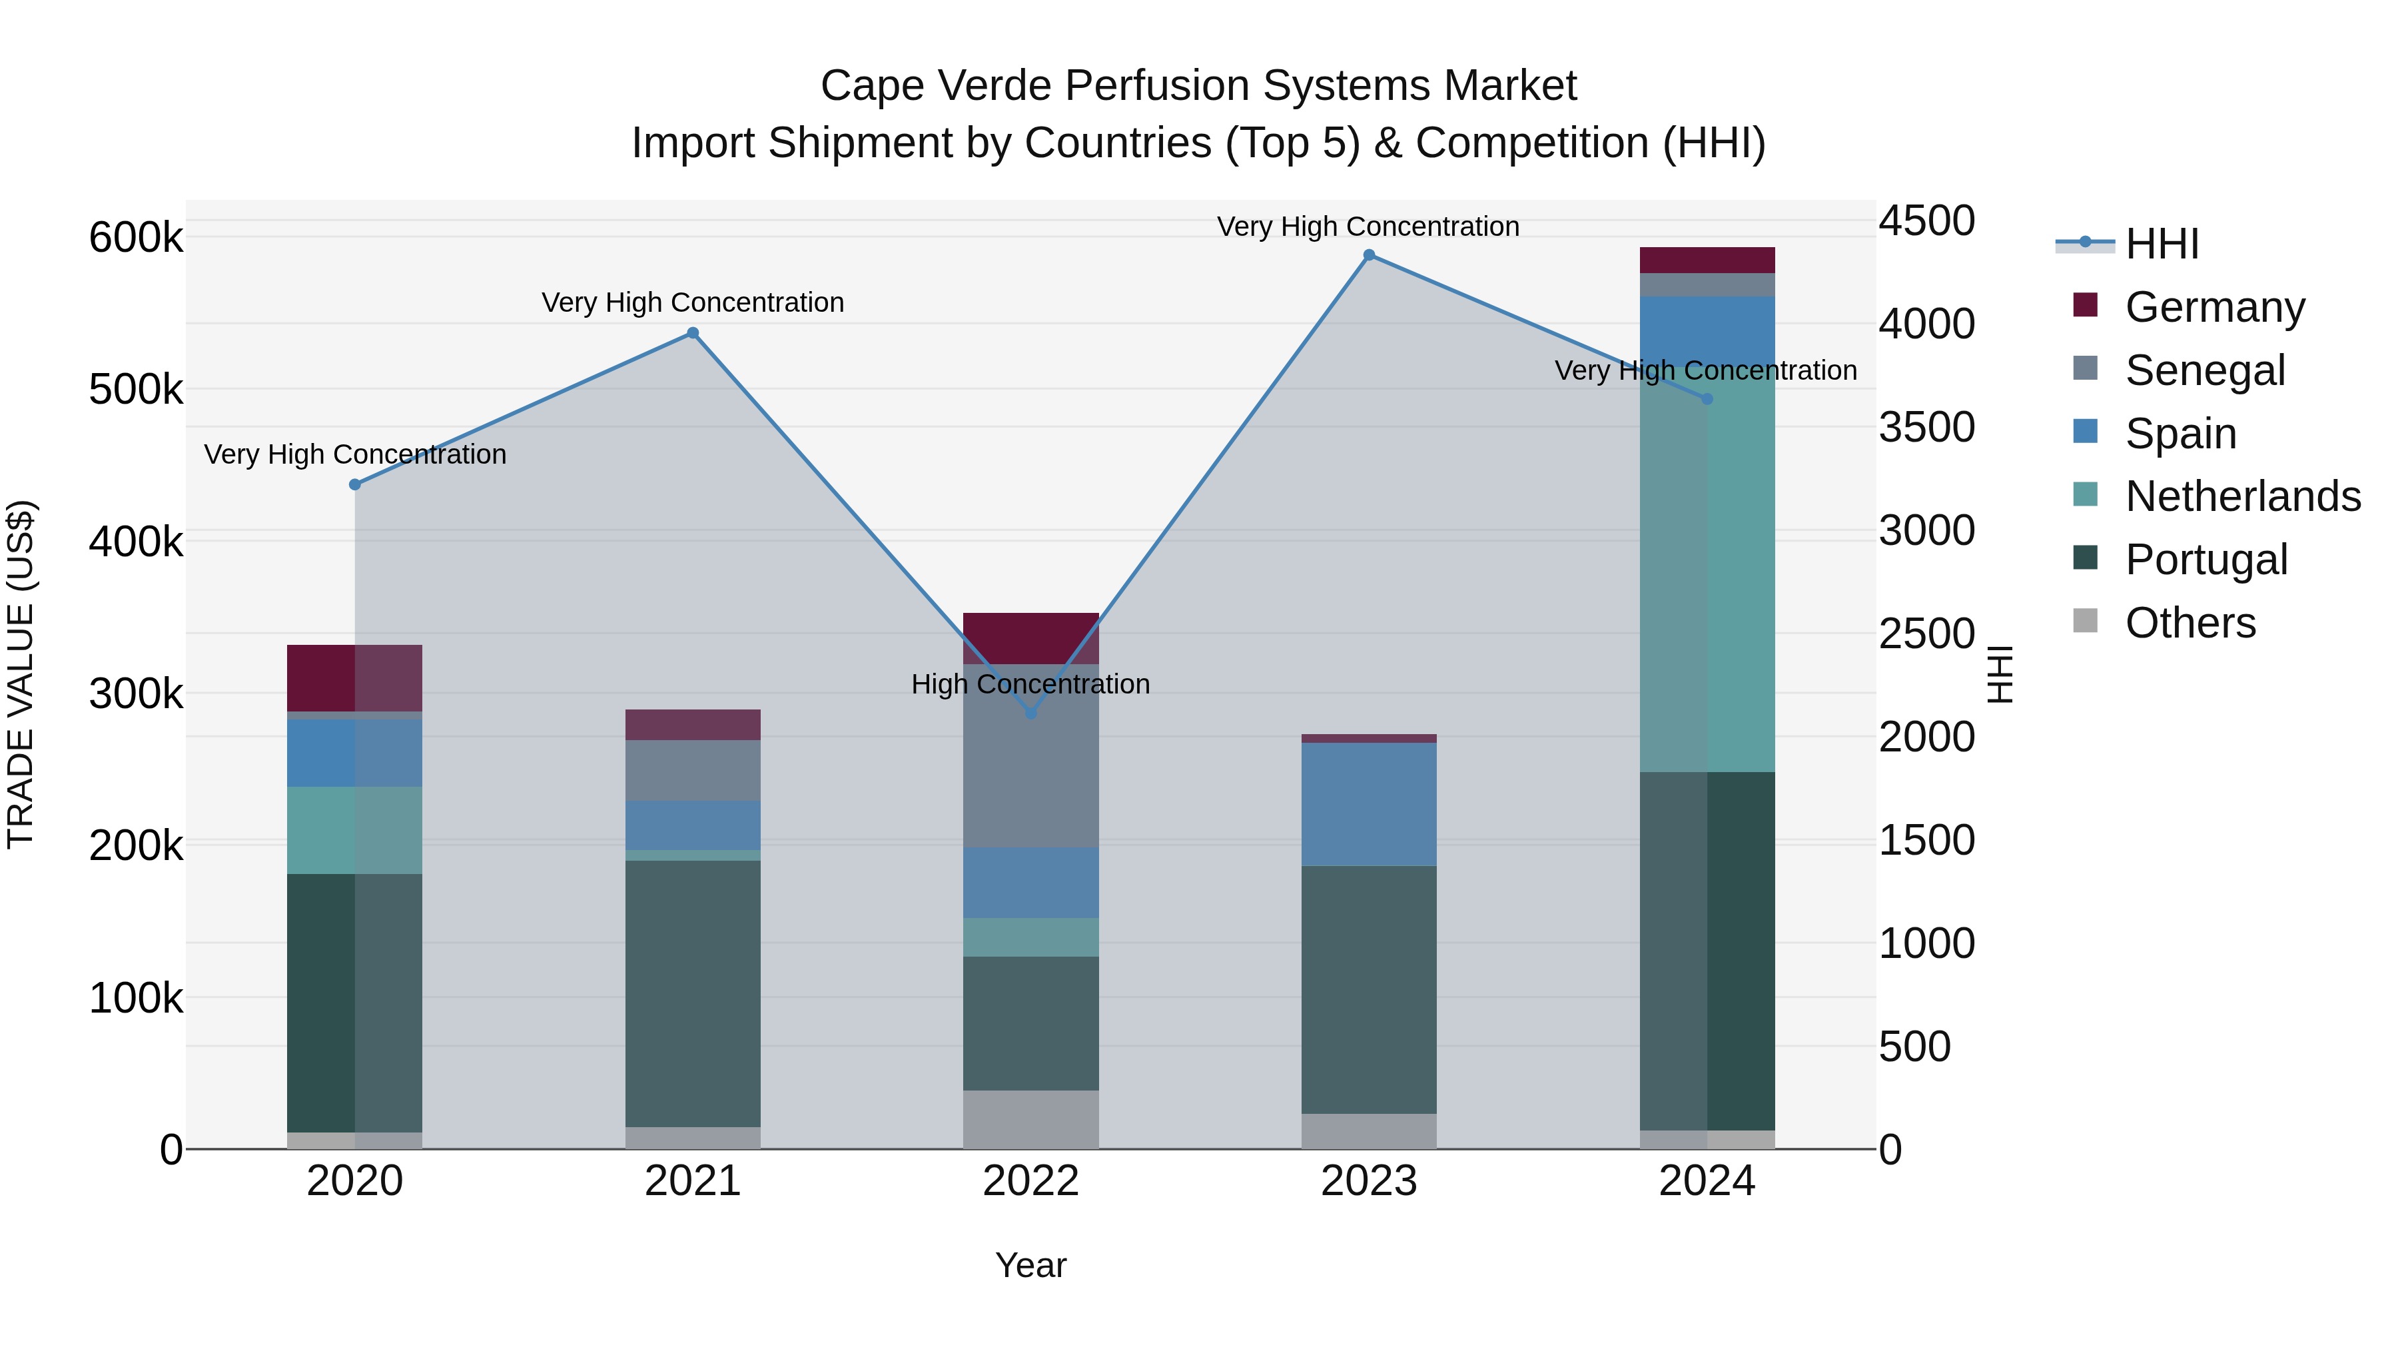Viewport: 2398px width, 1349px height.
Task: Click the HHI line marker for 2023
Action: (1368, 255)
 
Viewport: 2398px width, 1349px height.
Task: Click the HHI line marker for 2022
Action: (1030, 713)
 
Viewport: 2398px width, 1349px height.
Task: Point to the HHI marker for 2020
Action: (354, 484)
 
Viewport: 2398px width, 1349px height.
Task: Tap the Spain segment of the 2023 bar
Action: (1368, 803)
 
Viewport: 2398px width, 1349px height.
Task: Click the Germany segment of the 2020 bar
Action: (354, 677)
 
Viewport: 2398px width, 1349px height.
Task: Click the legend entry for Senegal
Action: (2204, 370)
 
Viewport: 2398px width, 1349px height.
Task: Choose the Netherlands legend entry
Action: (2241, 496)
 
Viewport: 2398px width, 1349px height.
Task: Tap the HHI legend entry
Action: (2162, 244)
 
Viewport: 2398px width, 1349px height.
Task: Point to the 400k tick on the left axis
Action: (136, 542)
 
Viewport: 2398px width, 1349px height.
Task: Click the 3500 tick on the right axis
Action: (1926, 427)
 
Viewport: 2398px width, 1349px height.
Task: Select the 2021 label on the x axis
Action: (693, 1181)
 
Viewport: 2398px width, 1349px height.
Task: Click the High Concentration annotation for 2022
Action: (1030, 684)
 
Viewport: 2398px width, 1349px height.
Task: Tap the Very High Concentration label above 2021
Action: (693, 302)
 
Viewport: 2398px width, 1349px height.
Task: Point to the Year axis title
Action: (1030, 1265)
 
